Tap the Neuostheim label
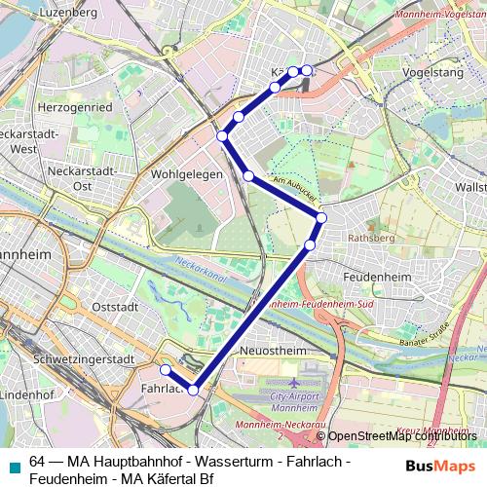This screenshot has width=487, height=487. (x=268, y=349)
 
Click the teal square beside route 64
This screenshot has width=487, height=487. (x=11, y=467)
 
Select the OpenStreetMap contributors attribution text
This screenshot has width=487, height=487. (x=401, y=437)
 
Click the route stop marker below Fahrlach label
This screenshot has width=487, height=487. (x=194, y=390)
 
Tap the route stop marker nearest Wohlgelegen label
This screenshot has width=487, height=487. (x=248, y=176)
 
